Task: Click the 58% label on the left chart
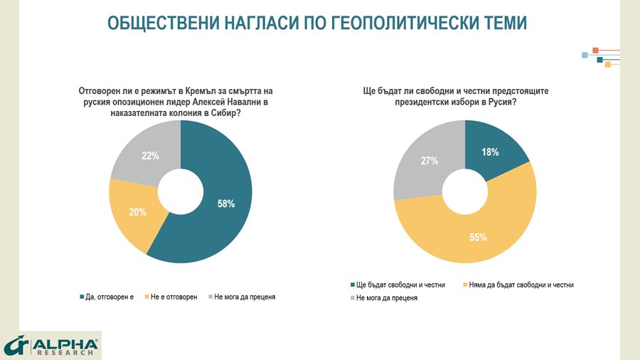[x=225, y=203]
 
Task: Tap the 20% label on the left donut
[x=138, y=211]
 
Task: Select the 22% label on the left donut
[x=150, y=156]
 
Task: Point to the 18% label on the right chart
[x=489, y=152]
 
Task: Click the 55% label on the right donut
[x=477, y=237]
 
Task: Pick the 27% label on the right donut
[x=429, y=161]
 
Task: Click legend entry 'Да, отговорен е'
[x=107, y=297]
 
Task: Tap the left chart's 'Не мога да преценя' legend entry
[x=245, y=297]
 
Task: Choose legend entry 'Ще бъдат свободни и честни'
[x=398, y=285]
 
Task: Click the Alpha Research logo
[x=50, y=345]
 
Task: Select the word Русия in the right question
[x=498, y=102]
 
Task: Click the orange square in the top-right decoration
[x=595, y=51]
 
